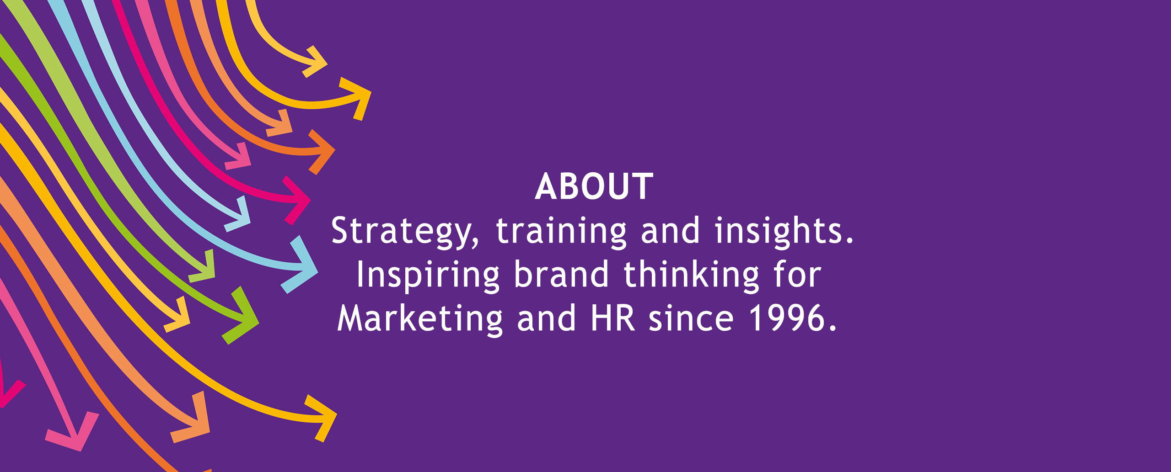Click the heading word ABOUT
click(594, 186)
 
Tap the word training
click(561, 233)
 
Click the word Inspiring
click(428, 276)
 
